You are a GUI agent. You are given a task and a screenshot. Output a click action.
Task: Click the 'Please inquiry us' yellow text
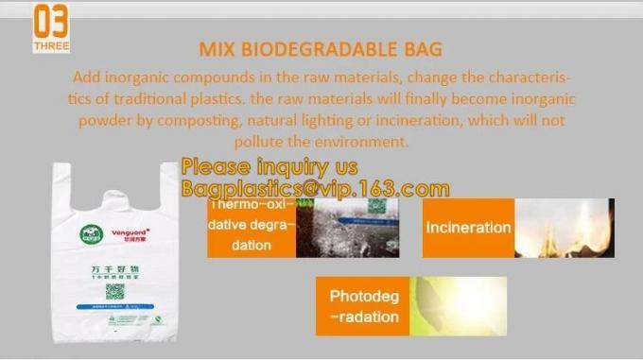[x=269, y=167]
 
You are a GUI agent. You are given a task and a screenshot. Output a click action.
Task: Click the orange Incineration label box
[x=468, y=228]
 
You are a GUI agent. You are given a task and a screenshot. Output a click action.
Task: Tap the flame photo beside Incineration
[x=565, y=228]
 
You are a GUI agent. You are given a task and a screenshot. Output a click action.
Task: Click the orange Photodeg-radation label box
[x=364, y=306]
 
